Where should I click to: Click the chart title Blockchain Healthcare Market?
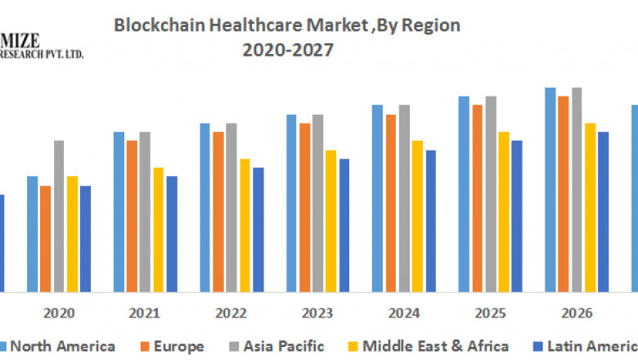[x=286, y=25]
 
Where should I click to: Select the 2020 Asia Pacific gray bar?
[x=59, y=216]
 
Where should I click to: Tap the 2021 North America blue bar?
[x=119, y=211]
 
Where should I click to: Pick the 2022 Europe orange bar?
[x=218, y=211]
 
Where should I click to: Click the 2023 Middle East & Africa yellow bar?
[x=330, y=220]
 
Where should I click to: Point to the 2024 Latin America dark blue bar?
[x=431, y=220]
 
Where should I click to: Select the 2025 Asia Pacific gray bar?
[x=491, y=194]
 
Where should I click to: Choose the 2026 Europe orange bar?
[x=564, y=194]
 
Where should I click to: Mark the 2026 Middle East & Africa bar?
[x=590, y=207]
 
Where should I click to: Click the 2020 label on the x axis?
[x=59, y=313]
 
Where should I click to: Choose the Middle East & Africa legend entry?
[x=435, y=346]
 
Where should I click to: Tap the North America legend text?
[x=62, y=346]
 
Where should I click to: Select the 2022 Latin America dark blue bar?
[x=258, y=229]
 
